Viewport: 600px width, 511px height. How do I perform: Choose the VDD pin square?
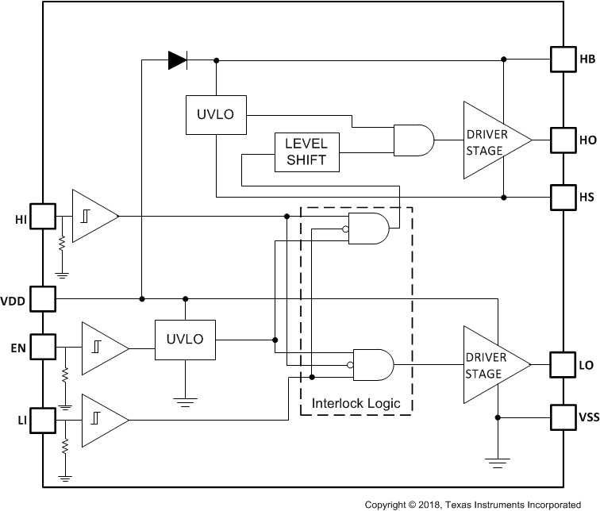[x=42, y=298]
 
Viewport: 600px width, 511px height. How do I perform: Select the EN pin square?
[x=42, y=347]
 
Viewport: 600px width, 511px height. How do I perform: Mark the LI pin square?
[x=42, y=417]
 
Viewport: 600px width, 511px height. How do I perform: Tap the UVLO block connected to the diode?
[x=216, y=115]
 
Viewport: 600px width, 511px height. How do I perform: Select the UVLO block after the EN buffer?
[x=184, y=339]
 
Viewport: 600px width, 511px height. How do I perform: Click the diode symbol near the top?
[x=178, y=60]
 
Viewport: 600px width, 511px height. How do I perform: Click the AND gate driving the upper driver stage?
[x=413, y=140]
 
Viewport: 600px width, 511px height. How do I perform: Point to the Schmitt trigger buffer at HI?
[x=93, y=216]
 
